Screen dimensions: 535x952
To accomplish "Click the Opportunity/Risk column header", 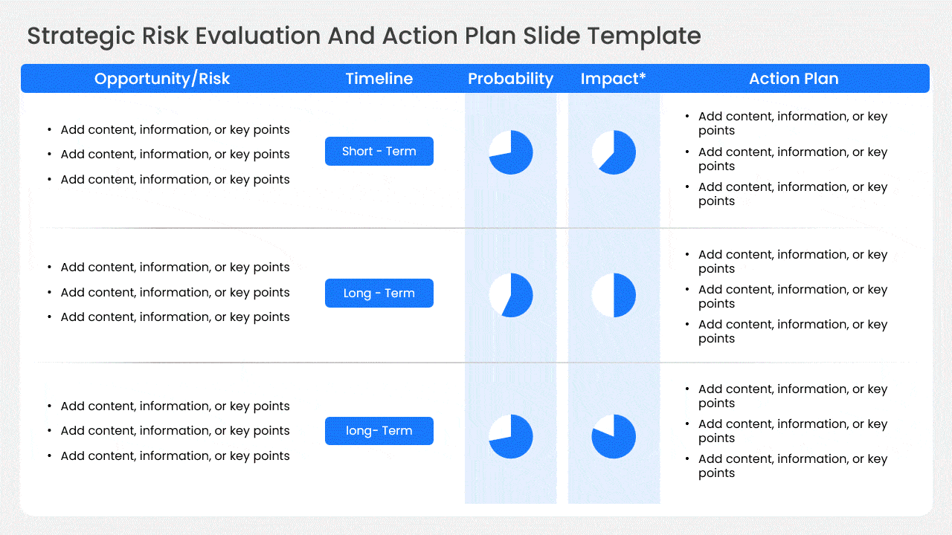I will click(x=162, y=79).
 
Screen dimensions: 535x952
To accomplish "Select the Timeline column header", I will click(x=379, y=79).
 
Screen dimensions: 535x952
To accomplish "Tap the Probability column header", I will click(x=510, y=79).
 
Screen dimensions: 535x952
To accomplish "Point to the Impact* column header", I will click(x=613, y=79).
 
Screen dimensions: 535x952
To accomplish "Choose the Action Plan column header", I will click(x=794, y=79).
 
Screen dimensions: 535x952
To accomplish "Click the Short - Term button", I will click(x=379, y=152).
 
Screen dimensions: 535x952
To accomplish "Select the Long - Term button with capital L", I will click(x=379, y=294).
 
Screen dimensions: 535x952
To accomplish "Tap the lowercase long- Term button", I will click(x=379, y=431).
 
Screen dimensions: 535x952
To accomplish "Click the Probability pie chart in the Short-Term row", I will click(x=511, y=152).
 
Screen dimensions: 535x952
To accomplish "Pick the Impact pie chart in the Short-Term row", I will click(x=614, y=152).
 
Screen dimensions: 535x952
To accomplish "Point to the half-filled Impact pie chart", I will click(x=614, y=295).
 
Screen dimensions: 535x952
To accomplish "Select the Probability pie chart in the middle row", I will click(x=511, y=295).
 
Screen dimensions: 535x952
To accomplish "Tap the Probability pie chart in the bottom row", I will click(x=511, y=436).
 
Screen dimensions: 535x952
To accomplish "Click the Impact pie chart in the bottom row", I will click(x=614, y=436).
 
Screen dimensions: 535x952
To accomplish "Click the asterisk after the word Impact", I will click(x=643, y=76).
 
